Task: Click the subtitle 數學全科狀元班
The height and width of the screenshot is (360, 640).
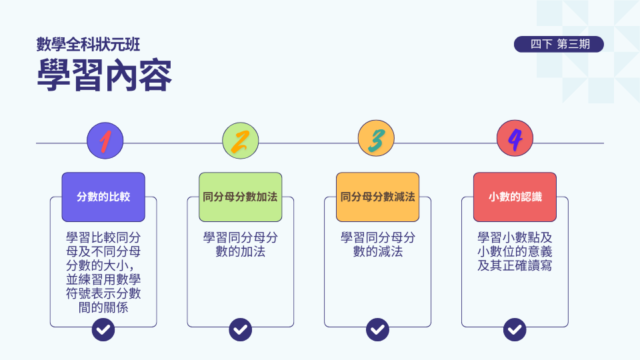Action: (x=88, y=45)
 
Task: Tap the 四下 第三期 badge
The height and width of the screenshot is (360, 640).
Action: (x=559, y=44)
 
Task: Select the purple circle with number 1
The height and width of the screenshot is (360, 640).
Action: (x=105, y=141)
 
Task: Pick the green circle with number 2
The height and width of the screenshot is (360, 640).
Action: (x=241, y=141)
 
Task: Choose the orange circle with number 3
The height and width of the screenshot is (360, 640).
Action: (x=377, y=141)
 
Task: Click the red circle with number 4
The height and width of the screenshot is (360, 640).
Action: (x=515, y=141)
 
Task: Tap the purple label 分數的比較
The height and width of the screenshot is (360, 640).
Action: (x=103, y=197)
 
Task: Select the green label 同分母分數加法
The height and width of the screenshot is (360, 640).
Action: (x=241, y=197)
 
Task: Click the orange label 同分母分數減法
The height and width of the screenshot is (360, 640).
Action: (x=377, y=197)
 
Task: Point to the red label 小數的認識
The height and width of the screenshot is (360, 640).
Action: (x=515, y=197)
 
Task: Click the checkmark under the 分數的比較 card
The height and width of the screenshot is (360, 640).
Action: (x=103, y=329)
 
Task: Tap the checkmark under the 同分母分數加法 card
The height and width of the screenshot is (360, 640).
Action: (x=241, y=329)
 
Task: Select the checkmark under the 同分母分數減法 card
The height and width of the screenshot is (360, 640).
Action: (x=378, y=329)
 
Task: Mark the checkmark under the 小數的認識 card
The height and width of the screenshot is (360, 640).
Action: (x=515, y=329)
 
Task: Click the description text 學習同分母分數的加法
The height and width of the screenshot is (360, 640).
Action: (x=241, y=245)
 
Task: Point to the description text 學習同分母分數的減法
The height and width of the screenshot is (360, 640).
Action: (x=378, y=245)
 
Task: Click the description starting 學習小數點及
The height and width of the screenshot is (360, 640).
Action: (x=515, y=251)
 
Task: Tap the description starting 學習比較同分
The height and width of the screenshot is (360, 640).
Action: (x=103, y=267)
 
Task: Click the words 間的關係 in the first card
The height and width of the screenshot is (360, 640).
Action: (x=103, y=309)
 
